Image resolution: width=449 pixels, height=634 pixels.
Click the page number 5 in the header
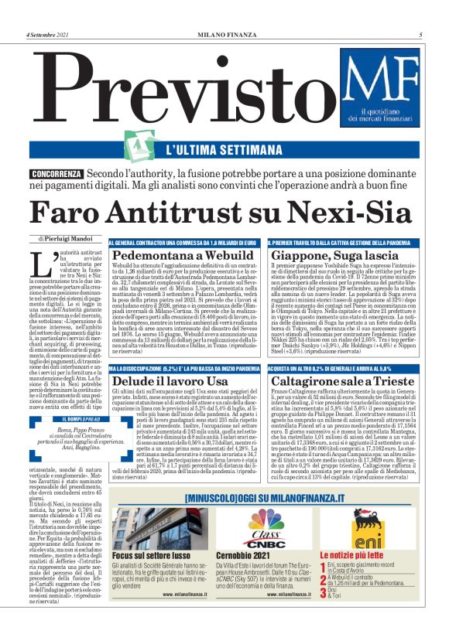pos(420,34)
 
